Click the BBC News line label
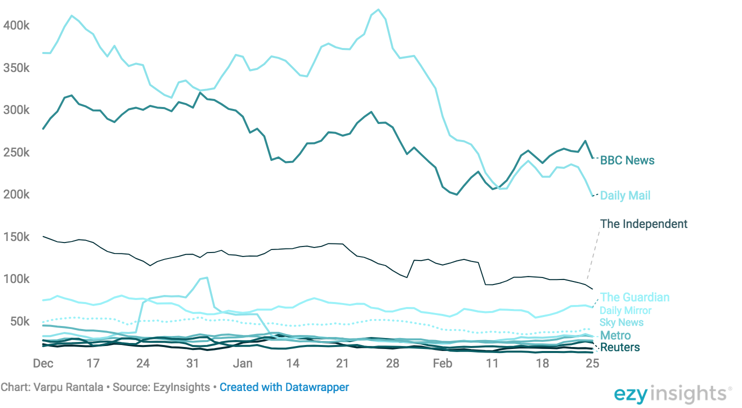coord(627,160)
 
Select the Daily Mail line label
coord(625,195)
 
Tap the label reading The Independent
coord(644,224)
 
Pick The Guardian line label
coord(635,297)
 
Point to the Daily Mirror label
coord(626,310)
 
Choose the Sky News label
coord(622,322)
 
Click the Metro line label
coord(615,335)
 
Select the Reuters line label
coord(620,347)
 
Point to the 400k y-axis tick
coord(16,25)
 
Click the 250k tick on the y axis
coord(16,152)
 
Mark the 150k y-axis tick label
coord(16,237)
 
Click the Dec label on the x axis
coord(43,363)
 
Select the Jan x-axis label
coord(243,363)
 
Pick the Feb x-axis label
coord(442,363)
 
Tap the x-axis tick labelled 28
coord(392,363)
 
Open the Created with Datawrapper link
coord(284,387)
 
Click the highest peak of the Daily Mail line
coord(378,9)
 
